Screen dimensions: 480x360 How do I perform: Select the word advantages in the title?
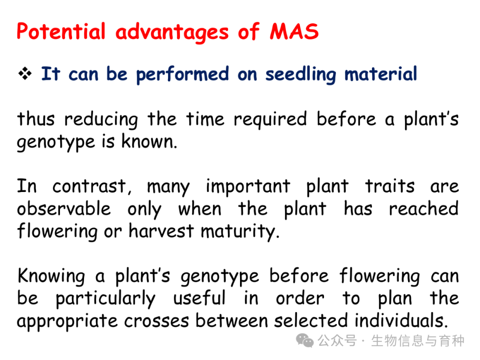tap(172, 33)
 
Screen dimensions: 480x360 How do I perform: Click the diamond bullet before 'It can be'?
tap(25, 73)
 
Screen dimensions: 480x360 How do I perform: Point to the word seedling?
tap(300, 75)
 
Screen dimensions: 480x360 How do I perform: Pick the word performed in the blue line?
tap(183, 75)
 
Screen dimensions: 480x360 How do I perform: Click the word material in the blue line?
tap(381, 74)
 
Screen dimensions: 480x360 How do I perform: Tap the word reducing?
tap(101, 120)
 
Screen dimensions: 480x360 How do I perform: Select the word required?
tap(270, 120)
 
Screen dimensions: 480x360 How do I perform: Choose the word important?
tap(248, 187)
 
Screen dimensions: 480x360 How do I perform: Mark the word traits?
tap(390, 186)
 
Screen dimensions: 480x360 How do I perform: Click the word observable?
tap(64, 209)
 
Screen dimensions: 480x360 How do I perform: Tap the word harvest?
tap(161, 231)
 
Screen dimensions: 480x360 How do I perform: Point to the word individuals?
tap(401, 320)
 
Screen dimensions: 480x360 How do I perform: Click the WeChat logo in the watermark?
tap(304, 340)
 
